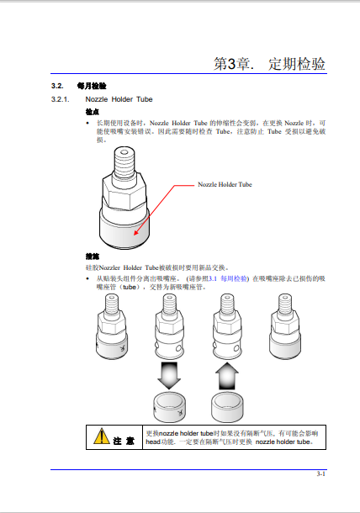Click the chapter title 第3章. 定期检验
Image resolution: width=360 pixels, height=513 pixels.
269,65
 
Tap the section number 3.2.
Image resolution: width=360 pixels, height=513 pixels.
58,87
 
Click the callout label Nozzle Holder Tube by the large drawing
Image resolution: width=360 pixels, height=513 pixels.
224,183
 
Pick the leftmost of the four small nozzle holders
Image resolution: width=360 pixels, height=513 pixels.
113,325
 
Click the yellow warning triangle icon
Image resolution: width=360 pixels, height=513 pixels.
102,435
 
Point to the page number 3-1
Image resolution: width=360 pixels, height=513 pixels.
320,476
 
